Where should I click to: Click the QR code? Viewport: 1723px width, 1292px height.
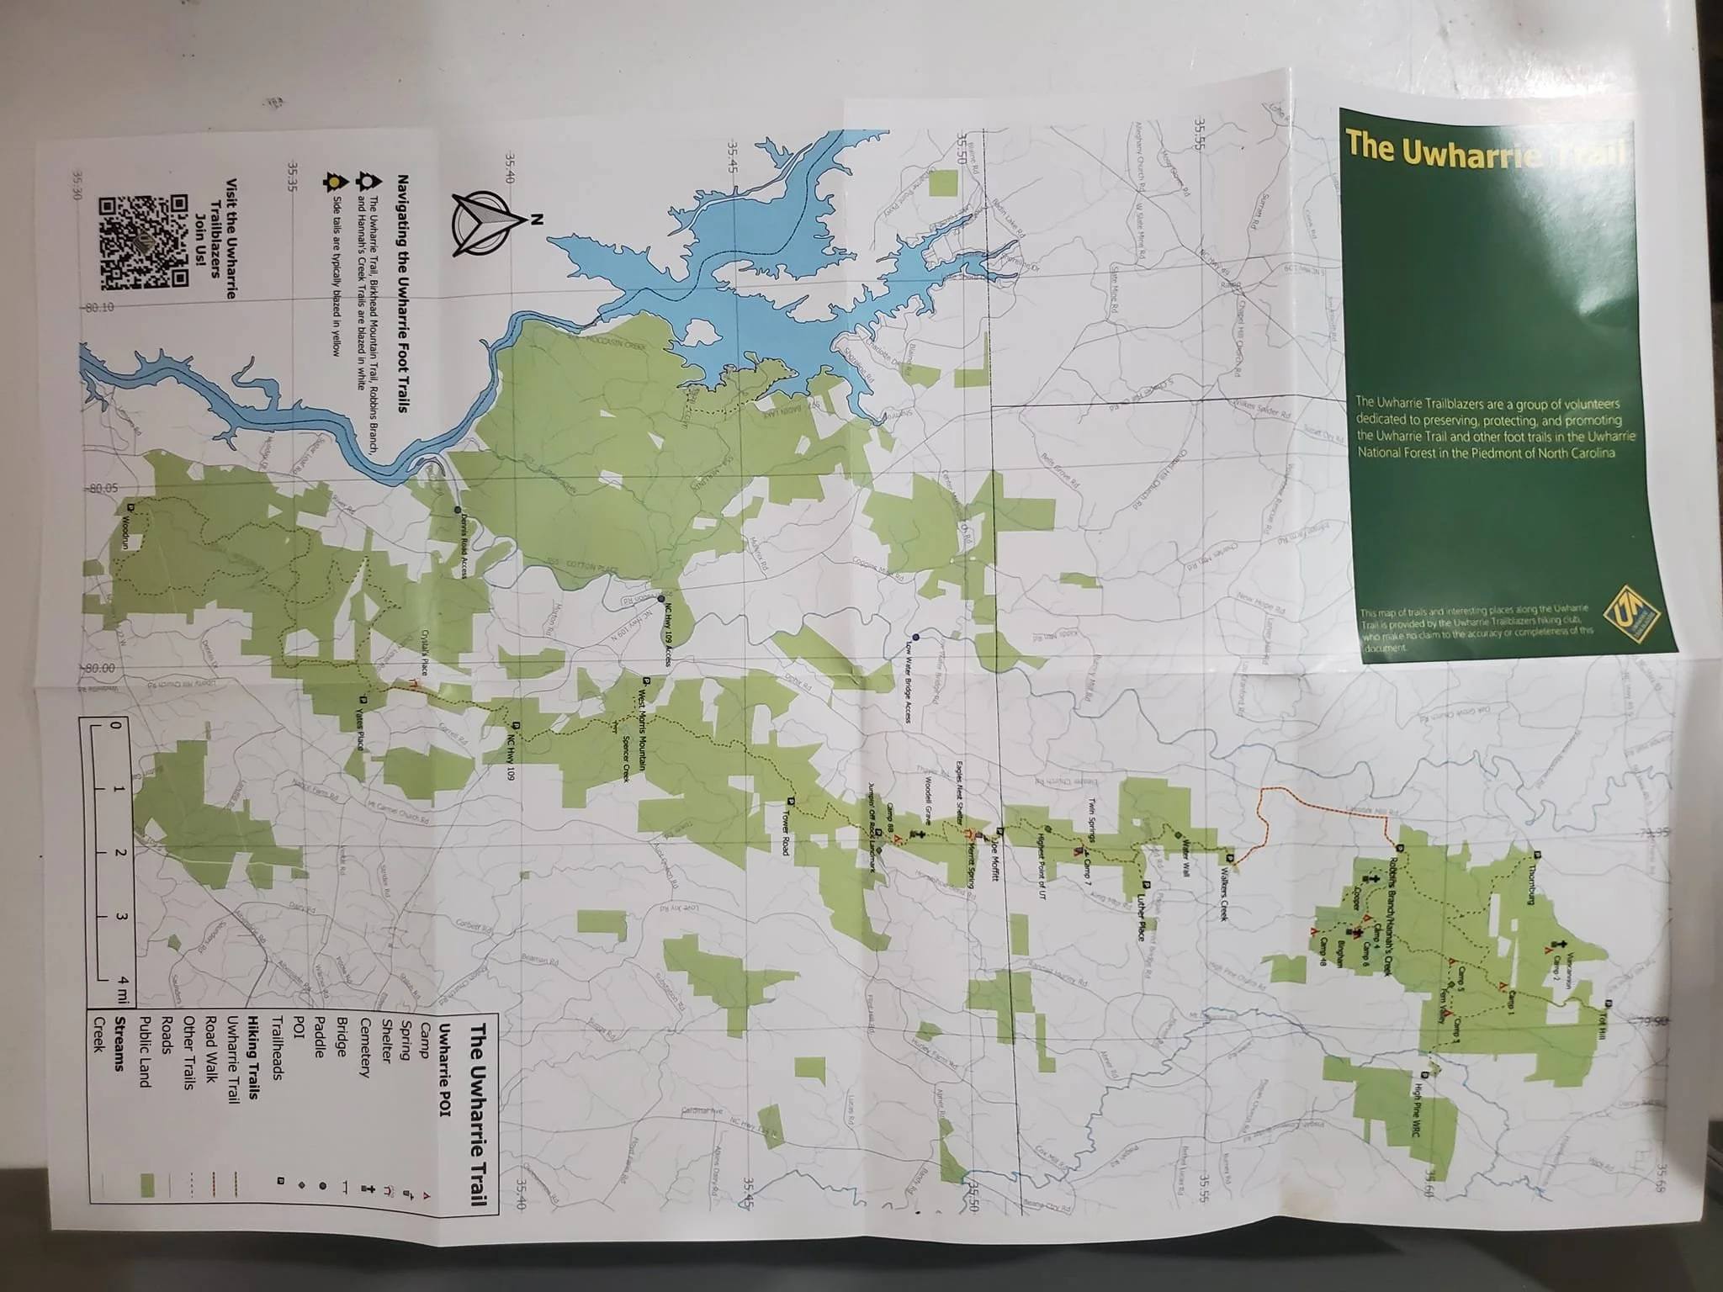(x=144, y=242)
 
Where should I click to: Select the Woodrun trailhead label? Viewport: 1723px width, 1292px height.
(x=127, y=533)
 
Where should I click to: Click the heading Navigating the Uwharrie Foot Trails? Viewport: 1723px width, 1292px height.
(x=402, y=295)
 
